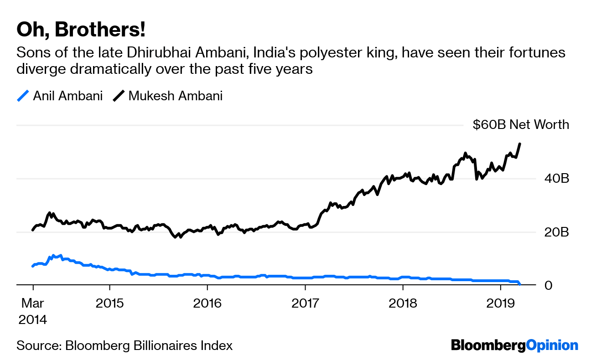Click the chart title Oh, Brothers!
coord(81,30)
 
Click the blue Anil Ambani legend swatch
coord(23,96)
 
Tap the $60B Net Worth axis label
coord(521,125)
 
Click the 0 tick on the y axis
coord(561,285)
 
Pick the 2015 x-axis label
coord(109,303)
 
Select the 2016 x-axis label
coord(207,303)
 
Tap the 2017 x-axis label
coord(305,303)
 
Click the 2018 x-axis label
coord(403,303)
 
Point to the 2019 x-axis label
coord(500,303)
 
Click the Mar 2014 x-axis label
coord(32,311)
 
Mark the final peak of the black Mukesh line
coord(520,144)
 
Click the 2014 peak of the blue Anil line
coord(53,256)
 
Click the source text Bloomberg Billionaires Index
coord(149,345)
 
